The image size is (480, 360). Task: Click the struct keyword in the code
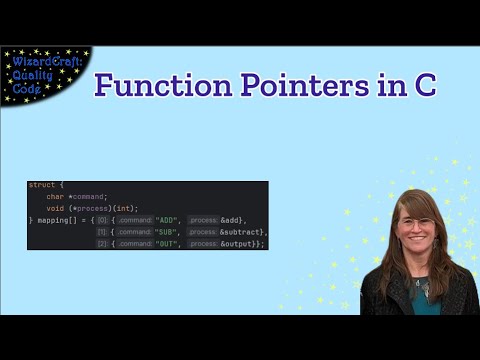click(x=42, y=185)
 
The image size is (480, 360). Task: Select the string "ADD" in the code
click(x=169, y=219)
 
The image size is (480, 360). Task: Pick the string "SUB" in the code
click(x=169, y=231)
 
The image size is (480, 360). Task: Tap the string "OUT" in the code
click(x=169, y=243)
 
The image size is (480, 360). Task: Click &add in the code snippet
click(x=231, y=219)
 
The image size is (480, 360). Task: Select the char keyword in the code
click(x=54, y=196)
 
